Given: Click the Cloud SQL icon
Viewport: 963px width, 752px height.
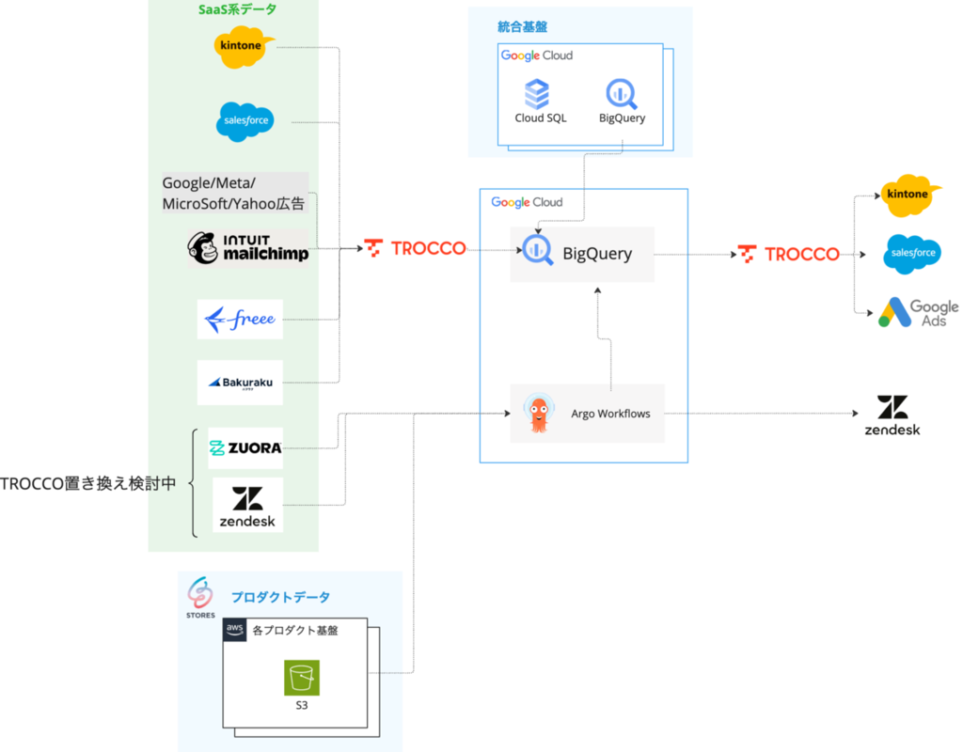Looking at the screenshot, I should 537,94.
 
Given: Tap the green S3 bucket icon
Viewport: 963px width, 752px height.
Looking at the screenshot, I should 302,678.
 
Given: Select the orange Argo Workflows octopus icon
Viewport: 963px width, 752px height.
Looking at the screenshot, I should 538,413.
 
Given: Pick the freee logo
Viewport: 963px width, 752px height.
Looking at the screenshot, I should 240,319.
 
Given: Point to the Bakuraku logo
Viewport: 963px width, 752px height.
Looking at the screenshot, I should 240,383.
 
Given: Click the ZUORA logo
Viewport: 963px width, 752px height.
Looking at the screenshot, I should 245,447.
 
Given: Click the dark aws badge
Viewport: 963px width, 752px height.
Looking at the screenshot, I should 234,629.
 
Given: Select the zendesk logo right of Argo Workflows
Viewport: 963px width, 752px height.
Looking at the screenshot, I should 892,413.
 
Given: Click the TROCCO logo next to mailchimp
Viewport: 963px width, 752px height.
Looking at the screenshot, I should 416,248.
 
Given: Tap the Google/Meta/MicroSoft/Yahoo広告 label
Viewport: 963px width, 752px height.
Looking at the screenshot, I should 235,193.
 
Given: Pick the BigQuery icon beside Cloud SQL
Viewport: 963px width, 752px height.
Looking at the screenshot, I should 622,94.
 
